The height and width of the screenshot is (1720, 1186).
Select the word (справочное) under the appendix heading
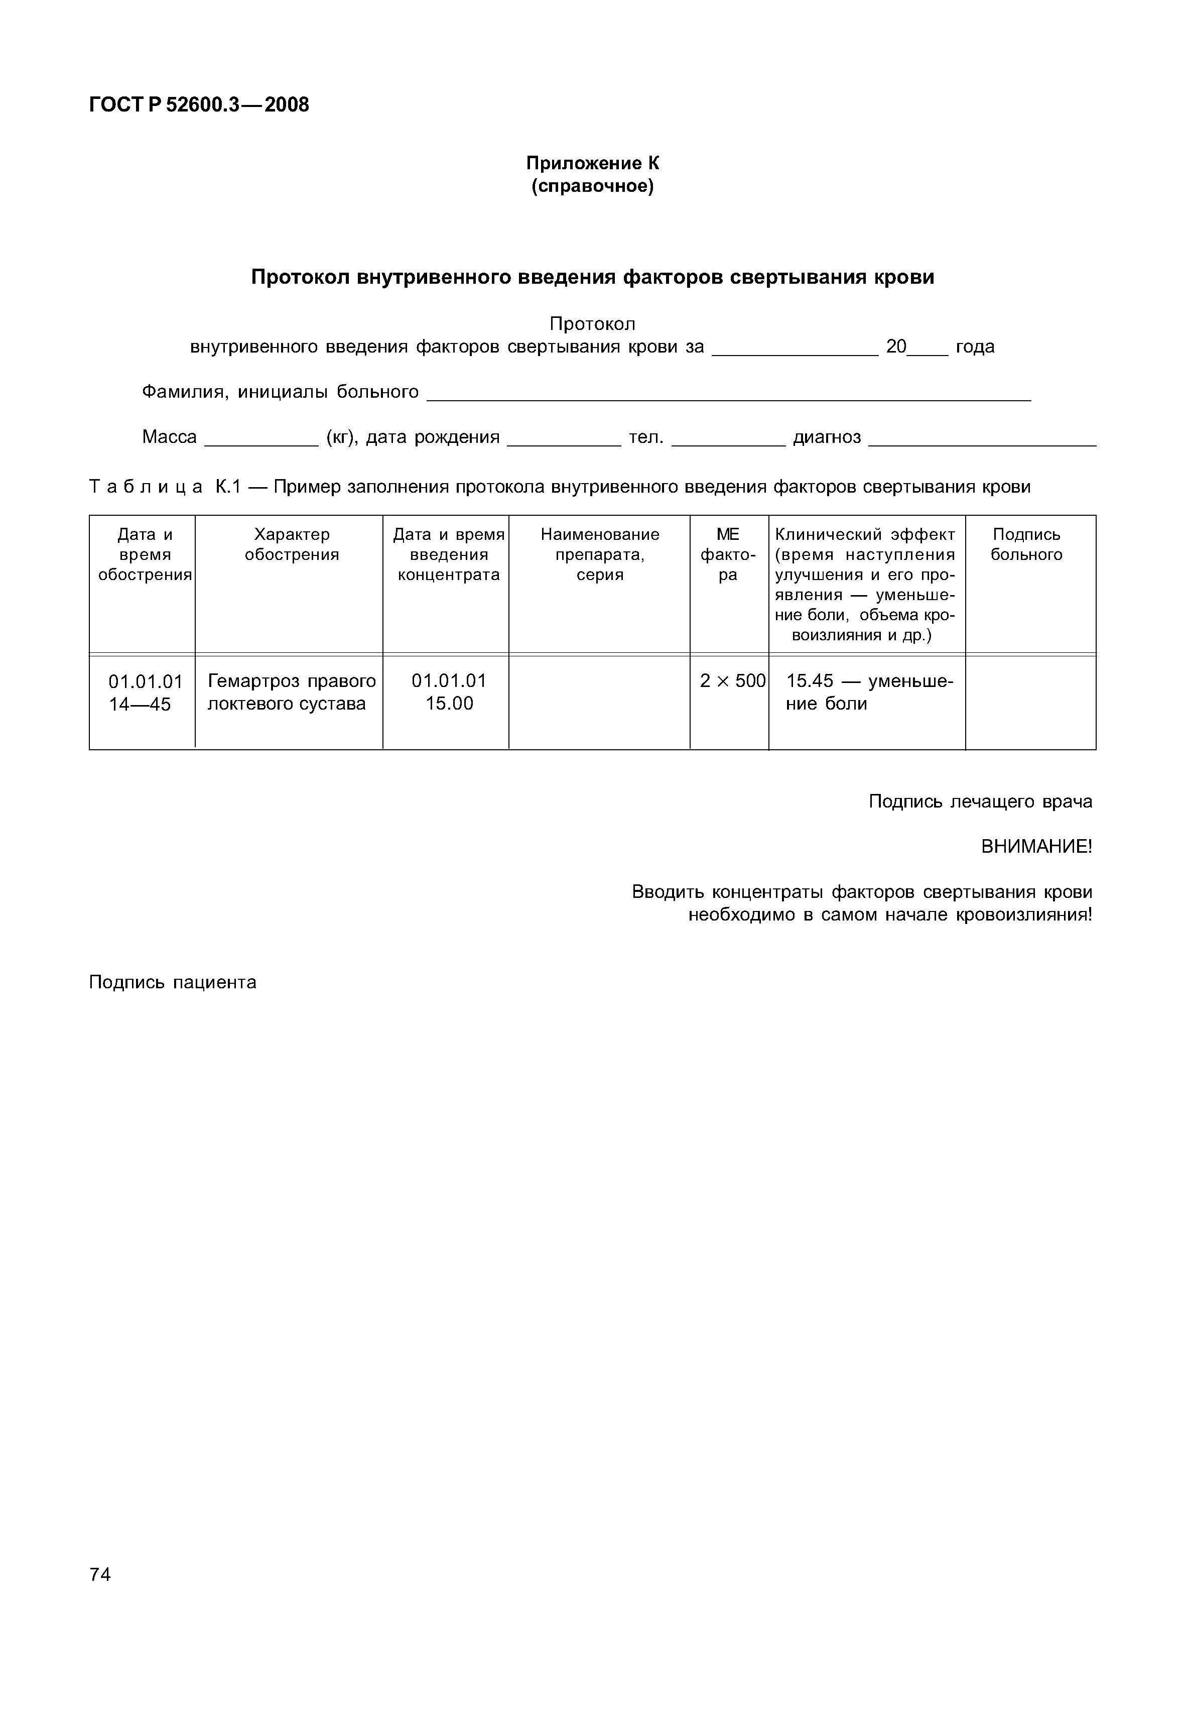pos(592,186)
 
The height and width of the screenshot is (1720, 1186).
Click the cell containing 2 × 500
pos(732,681)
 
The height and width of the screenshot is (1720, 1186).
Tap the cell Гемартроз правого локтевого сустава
pos(291,692)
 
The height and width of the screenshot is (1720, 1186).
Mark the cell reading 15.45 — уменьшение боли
pos(868,692)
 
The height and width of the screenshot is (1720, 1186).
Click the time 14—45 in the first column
pos(140,705)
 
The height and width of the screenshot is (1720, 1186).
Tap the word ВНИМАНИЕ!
pos(1036,847)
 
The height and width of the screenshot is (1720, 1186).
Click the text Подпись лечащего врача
pos(980,801)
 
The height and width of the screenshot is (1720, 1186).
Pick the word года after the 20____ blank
pos(975,347)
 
